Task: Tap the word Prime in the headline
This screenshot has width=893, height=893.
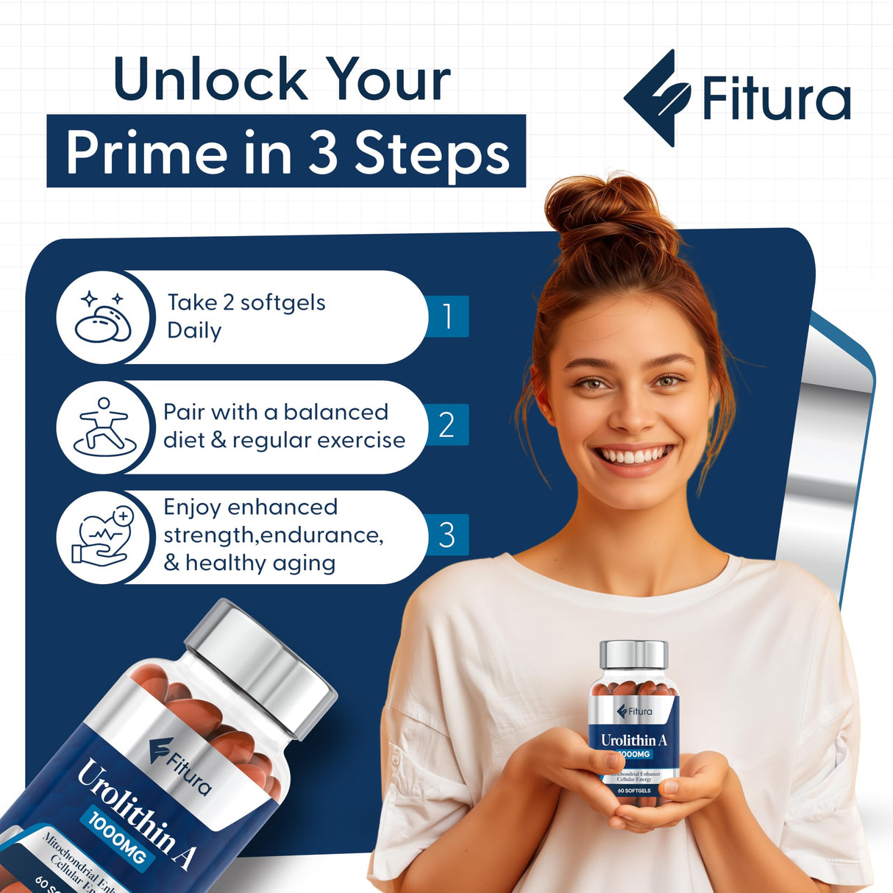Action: [146, 152]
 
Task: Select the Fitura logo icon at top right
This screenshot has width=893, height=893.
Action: [656, 98]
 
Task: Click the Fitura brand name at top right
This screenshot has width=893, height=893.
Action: [776, 99]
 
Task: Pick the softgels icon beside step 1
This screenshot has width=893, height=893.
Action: [104, 318]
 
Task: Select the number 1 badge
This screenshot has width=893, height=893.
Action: [447, 316]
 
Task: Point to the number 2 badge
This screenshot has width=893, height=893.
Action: [446, 425]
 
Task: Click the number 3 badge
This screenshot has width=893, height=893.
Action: [446, 535]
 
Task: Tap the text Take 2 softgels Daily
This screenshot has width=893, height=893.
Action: [246, 316]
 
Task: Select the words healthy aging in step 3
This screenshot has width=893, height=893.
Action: [260, 563]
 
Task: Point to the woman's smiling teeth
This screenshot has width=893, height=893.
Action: [633, 456]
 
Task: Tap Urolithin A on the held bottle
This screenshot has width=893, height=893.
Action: [633, 740]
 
